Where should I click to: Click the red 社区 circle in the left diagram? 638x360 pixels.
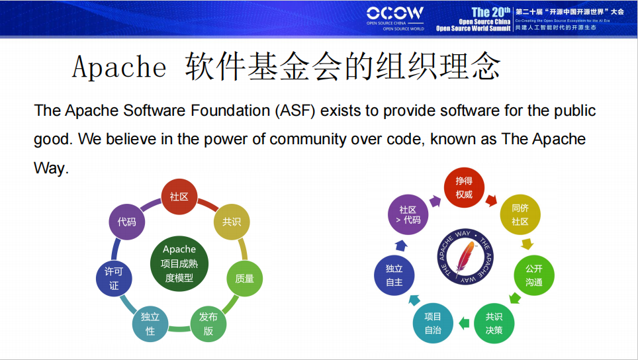(x=179, y=197)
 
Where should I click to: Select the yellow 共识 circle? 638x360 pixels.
(x=231, y=222)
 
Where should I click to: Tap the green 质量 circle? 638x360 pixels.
(x=244, y=278)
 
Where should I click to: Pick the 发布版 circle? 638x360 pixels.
(x=208, y=324)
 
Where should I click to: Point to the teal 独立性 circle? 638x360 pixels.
(x=150, y=324)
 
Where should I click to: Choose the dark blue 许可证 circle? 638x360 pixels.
(x=114, y=278)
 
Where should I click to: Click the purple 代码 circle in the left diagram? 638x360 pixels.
(x=126, y=222)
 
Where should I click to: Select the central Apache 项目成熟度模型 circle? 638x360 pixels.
(x=179, y=263)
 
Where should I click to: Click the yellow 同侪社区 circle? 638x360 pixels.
(x=520, y=214)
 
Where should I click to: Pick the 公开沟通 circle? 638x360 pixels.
(x=533, y=275)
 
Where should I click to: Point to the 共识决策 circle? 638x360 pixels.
(x=494, y=323)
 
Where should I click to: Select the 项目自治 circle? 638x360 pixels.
(x=433, y=323)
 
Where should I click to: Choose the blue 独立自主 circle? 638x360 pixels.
(x=394, y=275)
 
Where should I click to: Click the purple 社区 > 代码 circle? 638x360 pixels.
(x=408, y=214)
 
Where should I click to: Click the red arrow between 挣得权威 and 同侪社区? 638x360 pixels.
(x=492, y=199)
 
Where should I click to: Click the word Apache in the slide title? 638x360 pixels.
(x=119, y=67)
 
